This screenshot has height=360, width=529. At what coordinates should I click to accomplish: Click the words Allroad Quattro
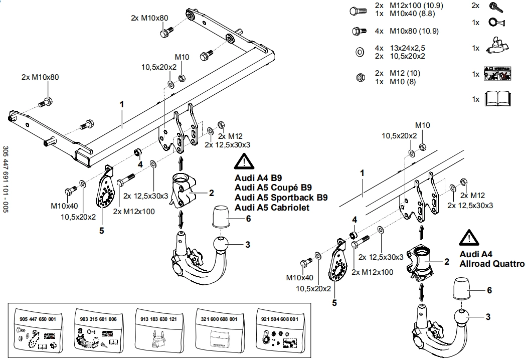pyautogui.click(x=492, y=264)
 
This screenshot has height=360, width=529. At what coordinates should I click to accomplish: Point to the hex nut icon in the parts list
pyautogui.click(x=359, y=77)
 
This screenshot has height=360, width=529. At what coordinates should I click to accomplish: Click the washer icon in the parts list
pyautogui.click(x=359, y=52)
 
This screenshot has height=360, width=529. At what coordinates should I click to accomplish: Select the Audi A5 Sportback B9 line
pyautogui.click(x=281, y=198)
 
